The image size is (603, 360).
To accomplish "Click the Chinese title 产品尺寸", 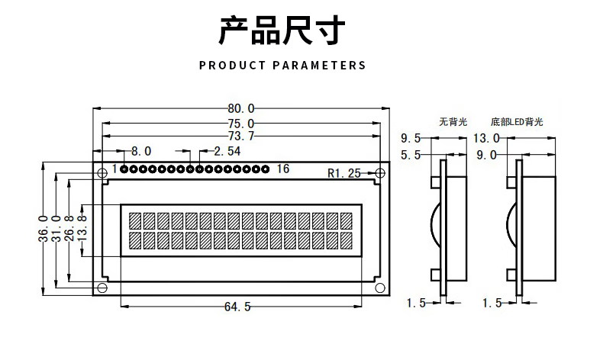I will [x=282, y=31].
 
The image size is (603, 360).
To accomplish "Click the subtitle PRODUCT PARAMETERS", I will [x=282, y=66].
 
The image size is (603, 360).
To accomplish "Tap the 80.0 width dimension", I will [x=240, y=109].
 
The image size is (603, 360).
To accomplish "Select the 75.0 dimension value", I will [x=240, y=124].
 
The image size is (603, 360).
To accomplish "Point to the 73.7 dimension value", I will [x=240, y=137].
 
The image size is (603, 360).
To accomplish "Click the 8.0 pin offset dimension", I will [x=141, y=151].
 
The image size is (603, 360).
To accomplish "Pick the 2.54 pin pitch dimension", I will [x=227, y=151].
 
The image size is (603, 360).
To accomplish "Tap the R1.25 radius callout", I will [x=343, y=173].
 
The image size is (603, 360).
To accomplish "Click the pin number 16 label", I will [x=283, y=169].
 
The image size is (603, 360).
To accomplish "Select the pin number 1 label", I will [x=114, y=169].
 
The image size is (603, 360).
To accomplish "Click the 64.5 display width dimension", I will [x=237, y=307].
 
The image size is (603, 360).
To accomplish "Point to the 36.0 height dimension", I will [x=44, y=227].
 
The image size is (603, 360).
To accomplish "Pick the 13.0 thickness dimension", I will [x=486, y=138].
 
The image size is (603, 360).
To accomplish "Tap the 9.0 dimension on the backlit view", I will [x=486, y=156].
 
